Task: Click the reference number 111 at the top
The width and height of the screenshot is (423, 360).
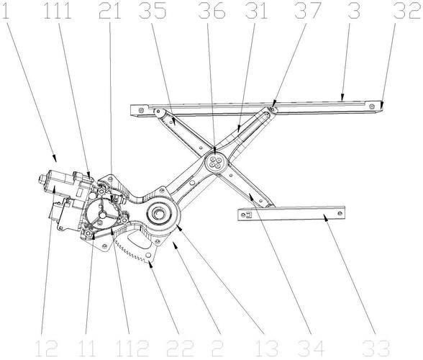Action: (x=58, y=11)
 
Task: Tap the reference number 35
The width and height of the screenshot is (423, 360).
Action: (x=153, y=11)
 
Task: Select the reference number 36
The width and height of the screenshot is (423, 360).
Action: (x=211, y=11)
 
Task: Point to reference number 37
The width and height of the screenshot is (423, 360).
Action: (x=308, y=11)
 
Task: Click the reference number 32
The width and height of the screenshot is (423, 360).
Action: (x=407, y=11)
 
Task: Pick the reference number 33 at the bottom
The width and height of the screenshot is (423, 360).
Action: (x=376, y=348)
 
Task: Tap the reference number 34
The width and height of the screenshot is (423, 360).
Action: (x=311, y=348)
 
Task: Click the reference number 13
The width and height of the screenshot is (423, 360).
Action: (x=266, y=348)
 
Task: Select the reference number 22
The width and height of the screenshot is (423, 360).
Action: (x=180, y=348)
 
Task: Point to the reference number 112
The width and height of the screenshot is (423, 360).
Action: (x=132, y=348)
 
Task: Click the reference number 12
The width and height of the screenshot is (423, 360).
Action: (x=46, y=348)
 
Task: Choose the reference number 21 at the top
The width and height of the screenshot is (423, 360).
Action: (x=109, y=11)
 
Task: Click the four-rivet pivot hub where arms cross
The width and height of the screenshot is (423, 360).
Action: (x=216, y=162)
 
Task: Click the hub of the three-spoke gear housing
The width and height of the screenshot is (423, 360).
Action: (x=102, y=215)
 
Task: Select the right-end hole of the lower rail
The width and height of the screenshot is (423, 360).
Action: (x=340, y=213)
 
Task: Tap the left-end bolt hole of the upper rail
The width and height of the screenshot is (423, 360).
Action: (x=140, y=110)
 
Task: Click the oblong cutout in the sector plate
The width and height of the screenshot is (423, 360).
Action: (x=140, y=240)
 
